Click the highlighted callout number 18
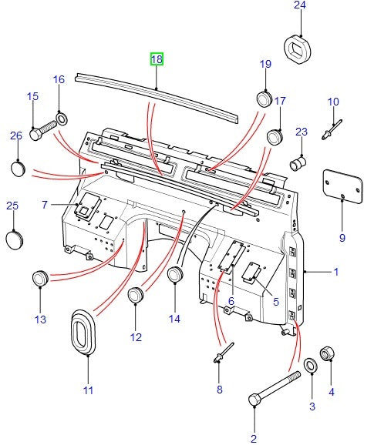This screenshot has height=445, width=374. pos(157,59)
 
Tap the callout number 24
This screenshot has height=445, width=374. pos(299,6)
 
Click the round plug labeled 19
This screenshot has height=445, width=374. pos(265,100)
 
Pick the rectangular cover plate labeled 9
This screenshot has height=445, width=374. pos(341,186)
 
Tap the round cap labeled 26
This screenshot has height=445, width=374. pos(18,168)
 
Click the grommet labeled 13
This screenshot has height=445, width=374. pos(40,279)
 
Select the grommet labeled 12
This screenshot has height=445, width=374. pos(136,295)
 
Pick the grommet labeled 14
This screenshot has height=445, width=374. pos(175,274)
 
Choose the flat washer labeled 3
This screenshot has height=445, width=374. pos(311,364)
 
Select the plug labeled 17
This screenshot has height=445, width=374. pos(275,137)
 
